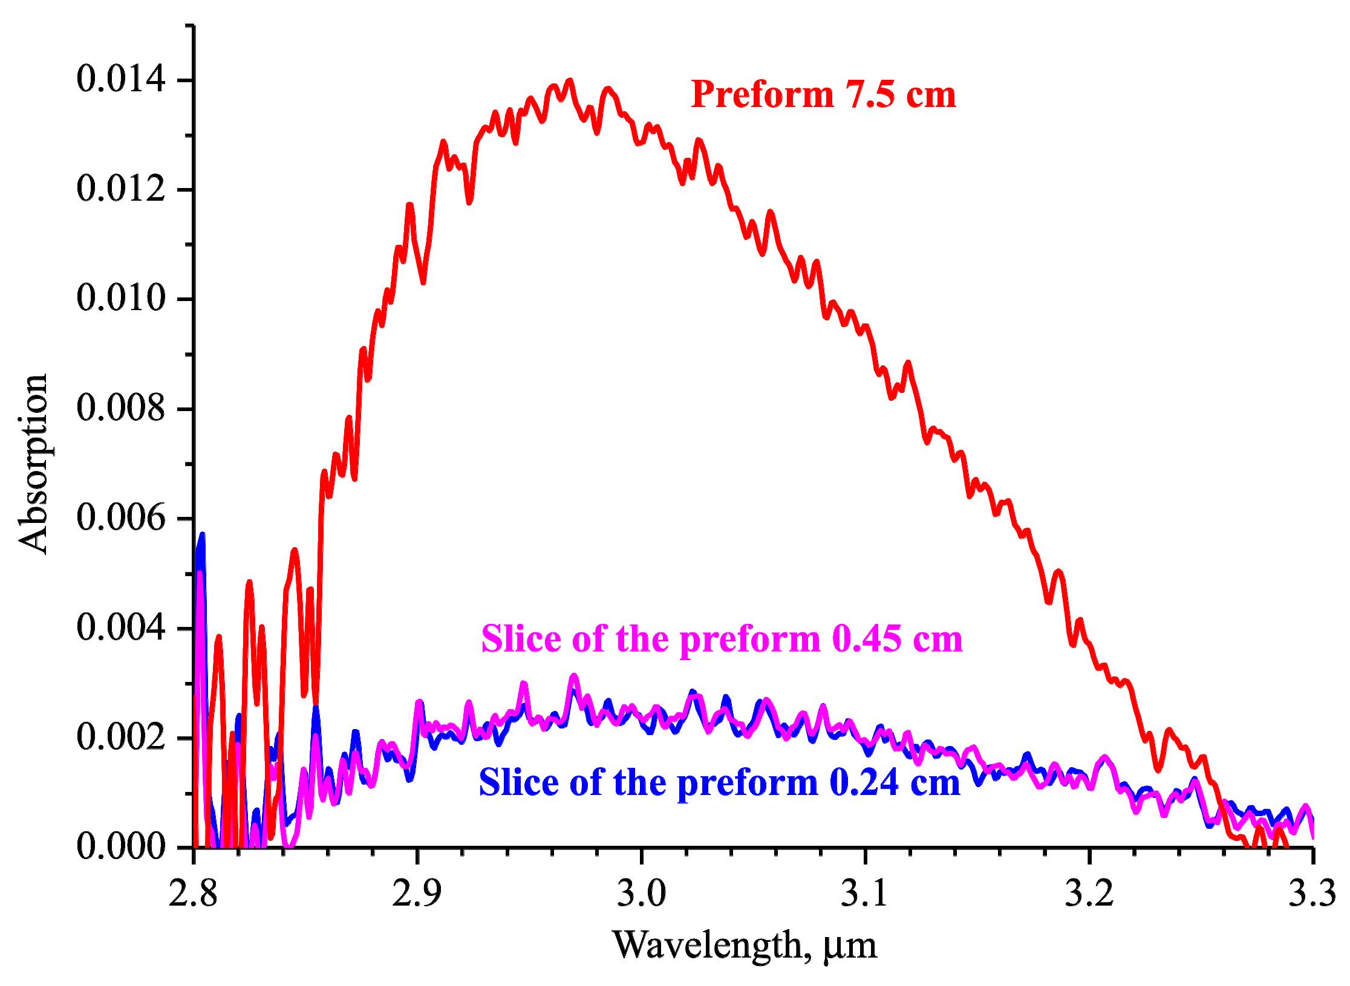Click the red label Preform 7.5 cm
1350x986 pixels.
point(823,95)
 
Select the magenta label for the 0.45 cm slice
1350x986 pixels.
point(722,639)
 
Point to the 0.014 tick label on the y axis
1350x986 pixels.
point(120,79)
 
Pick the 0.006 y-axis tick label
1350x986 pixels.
point(120,517)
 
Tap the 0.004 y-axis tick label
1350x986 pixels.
point(120,627)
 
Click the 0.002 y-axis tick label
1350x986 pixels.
point(120,737)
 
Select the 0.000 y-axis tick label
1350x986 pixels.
point(120,846)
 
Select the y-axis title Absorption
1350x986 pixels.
point(33,464)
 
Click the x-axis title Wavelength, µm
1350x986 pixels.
point(745,945)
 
